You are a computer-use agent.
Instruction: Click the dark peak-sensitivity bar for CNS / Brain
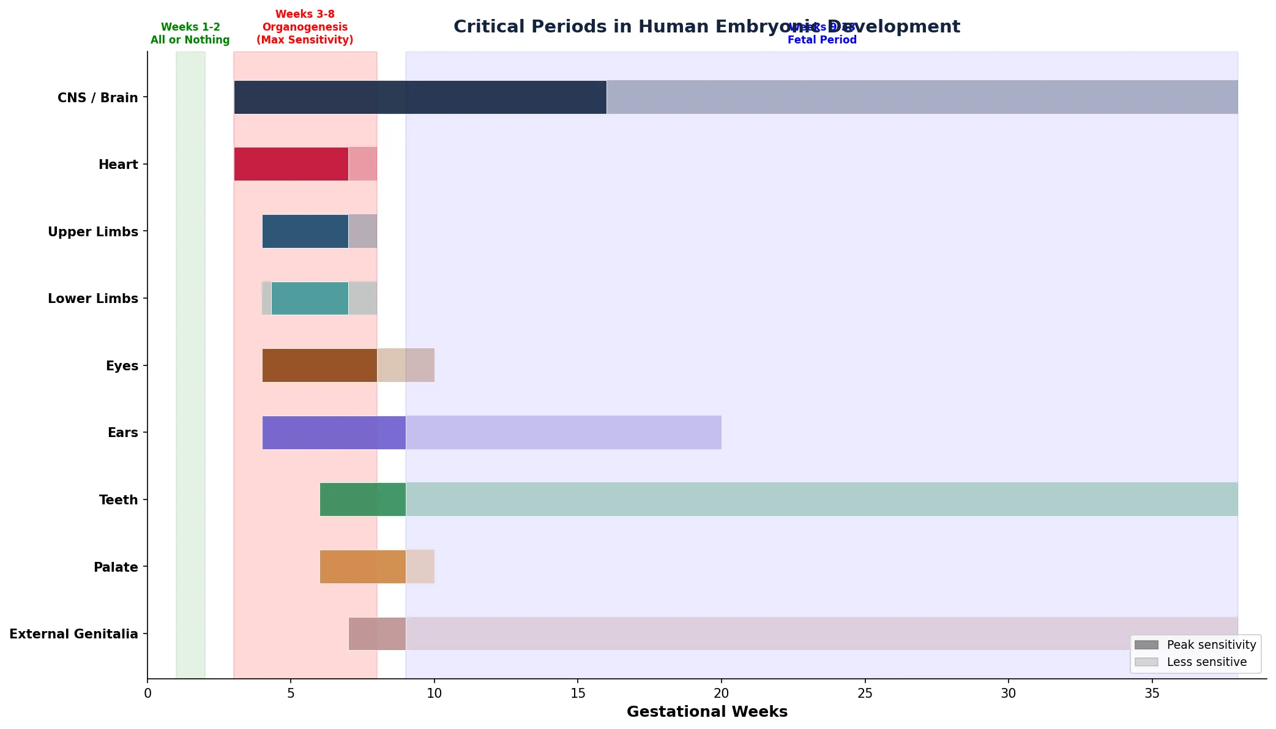[420, 97]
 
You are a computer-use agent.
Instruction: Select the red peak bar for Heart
[291, 164]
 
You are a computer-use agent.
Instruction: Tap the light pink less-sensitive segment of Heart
[363, 164]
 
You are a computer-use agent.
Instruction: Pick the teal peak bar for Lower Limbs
[310, 299]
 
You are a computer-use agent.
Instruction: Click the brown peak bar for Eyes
[319, 365]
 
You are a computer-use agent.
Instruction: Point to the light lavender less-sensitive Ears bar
[563, 433]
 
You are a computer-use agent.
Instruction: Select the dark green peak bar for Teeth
[362, 499]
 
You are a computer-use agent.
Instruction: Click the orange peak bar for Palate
[362, 567]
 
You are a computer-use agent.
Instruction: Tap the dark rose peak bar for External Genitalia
[377, 634]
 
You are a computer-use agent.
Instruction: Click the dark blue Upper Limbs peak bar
[305, 231]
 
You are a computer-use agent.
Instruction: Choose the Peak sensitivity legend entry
[1195, 645]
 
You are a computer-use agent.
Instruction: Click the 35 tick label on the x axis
[1152, 693]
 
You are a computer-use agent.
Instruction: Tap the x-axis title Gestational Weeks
[707, 712]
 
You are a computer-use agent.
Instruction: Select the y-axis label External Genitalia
[73, 634]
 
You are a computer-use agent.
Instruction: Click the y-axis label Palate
[116, 567]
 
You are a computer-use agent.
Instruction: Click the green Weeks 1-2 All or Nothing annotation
[190, 33]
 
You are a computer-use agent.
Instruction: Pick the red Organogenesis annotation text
[305, 27]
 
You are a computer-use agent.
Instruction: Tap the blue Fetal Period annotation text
[822, 40]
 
